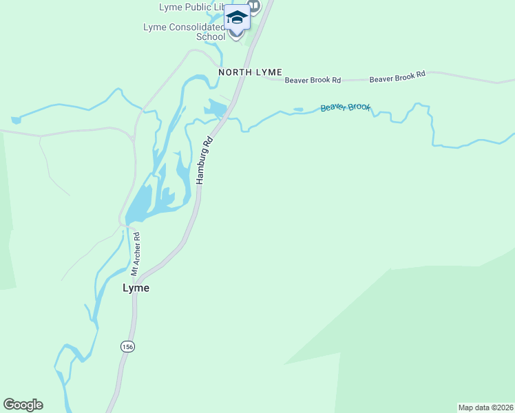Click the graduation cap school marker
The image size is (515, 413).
pyautogui.click(x=237, y=17)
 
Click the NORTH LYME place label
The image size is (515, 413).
pyautogui.click(x=250, y=72)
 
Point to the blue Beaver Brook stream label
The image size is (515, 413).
pyautogui.click(x=346, y=107)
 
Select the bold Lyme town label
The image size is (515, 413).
pyautogui.click(x=136, y=288)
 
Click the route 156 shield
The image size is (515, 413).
pyautogui.click(x=127, y=346)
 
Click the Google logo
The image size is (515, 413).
pyautogui.click(x=23, y=405)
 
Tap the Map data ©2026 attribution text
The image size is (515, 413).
pyautogui.click(x=485, y=407)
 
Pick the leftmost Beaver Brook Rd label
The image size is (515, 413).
pyautogui.click(x=313, y=81)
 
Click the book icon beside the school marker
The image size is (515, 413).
pyautogui.click(x=255, y=6)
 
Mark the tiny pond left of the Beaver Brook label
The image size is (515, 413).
pyautogui.click(x=298, y=109)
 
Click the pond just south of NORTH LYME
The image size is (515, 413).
pyautogui.click(x=216, y=108)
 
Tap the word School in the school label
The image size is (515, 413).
pyautogui.click(x=211, y=36)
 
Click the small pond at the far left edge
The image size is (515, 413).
pyautogui.click(x=15, y=120)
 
